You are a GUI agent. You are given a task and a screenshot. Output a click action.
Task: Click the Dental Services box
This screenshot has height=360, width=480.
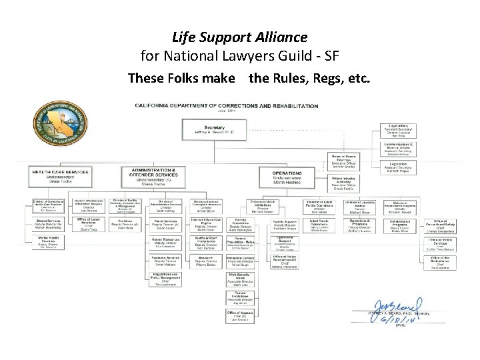[51, 221]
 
